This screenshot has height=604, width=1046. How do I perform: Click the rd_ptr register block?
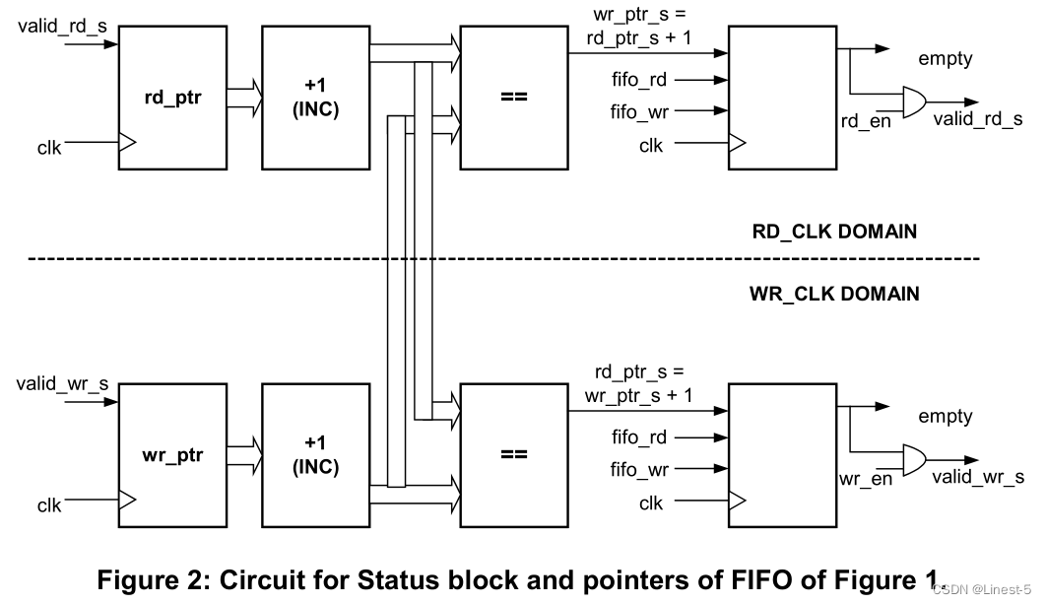(172, 99)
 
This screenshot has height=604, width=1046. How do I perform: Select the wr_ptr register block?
(172, 456)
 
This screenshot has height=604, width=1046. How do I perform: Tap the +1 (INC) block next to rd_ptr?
(315, 99)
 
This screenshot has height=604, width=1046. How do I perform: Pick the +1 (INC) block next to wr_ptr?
(315, 456)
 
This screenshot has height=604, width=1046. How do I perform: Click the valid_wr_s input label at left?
(61, 382)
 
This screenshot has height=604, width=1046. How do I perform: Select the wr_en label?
(865, 480)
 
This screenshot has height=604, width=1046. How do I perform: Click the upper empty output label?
(945, 59)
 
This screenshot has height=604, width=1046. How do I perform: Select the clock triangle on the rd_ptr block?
(126, 144)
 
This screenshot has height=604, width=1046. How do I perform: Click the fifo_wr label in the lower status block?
(639, 470)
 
